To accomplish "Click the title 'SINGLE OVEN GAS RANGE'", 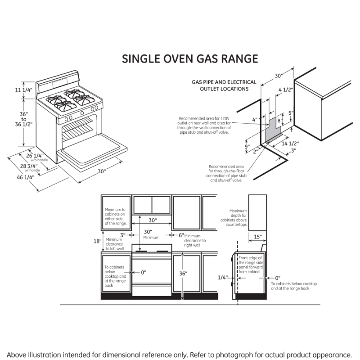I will coord(190,59).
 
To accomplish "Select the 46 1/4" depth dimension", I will coord(26,177).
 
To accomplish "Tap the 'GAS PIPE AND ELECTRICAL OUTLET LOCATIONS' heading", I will coord(224,85).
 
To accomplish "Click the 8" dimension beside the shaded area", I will coord(279,120).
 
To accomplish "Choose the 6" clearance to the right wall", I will coord(181,235).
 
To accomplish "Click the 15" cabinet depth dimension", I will coord(257,237).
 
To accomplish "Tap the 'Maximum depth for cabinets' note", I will coord(238,218).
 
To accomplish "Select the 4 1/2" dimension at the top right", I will coord(285,90).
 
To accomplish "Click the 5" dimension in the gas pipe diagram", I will coord(291,113).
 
